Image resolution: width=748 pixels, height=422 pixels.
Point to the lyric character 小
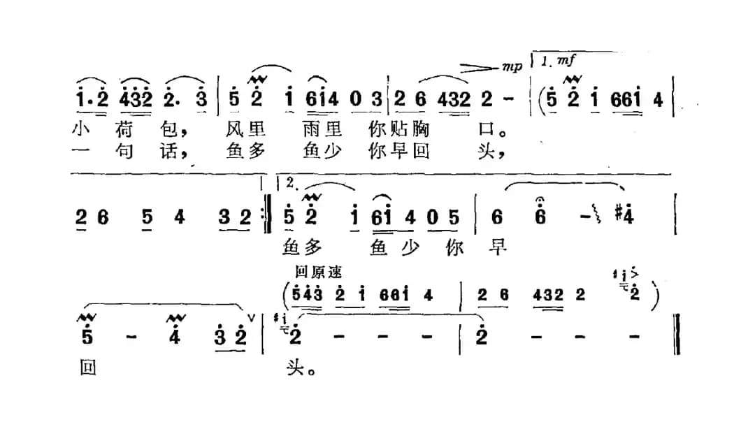pos(83,131)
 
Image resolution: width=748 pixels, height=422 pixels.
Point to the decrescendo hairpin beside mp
pos(480,68)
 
